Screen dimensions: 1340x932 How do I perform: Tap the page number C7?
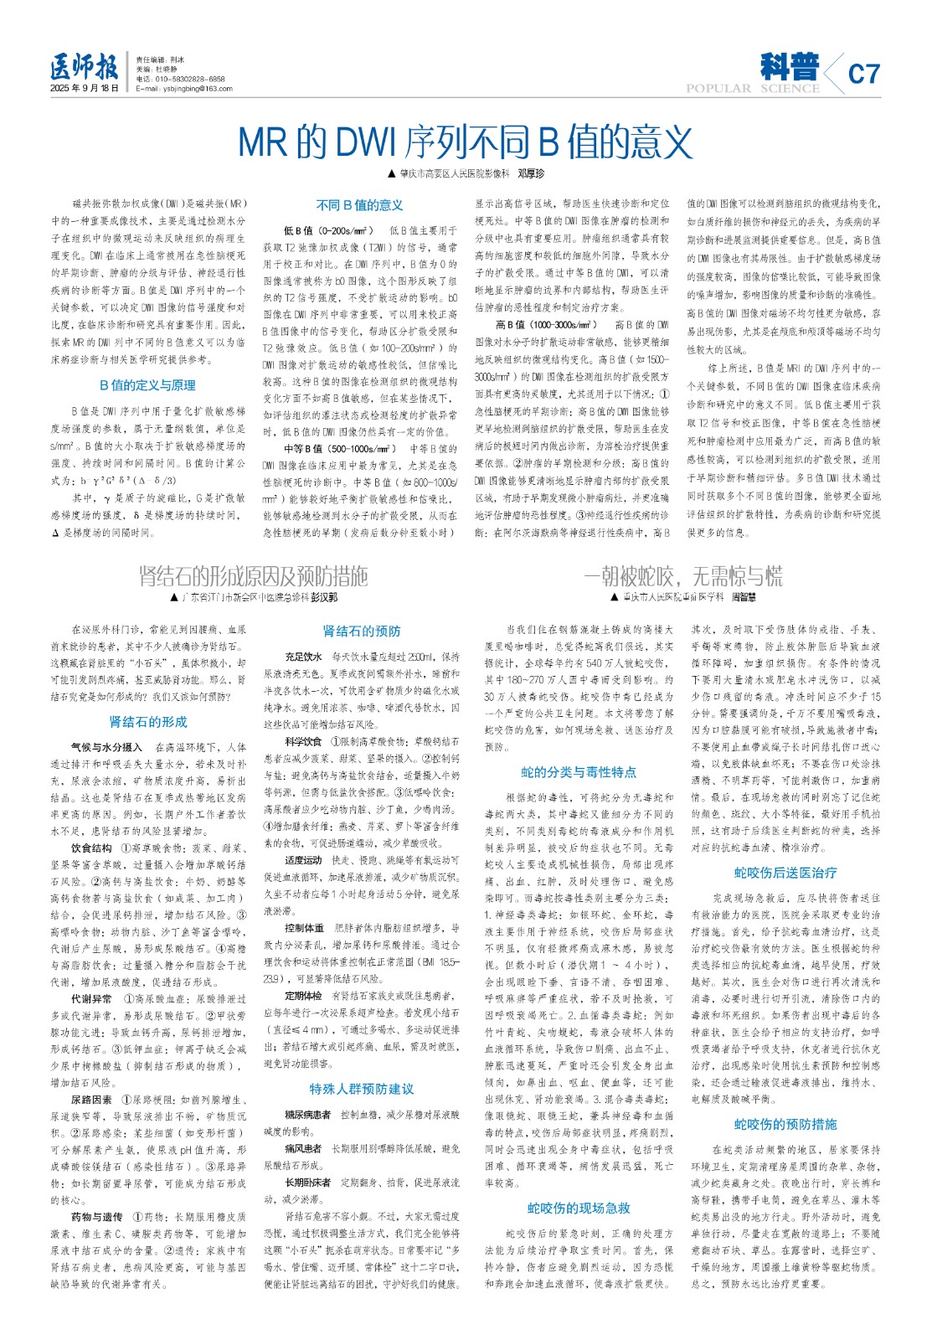[x=863, y=75]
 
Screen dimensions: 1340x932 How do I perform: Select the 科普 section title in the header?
[x=790, y=66]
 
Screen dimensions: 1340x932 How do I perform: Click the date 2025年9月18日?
[x=85, y=88]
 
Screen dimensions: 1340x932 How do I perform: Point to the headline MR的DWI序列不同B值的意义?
[x=466, y=142]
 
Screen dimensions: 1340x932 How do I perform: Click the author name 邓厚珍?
[x=530, y=174]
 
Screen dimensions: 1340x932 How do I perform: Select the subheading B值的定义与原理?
[x=147, y=385]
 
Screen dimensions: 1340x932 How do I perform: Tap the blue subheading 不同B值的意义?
[x=359, y=205]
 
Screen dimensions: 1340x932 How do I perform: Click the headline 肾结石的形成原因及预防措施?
[x=253, y=576]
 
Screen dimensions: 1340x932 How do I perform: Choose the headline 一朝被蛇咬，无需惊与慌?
[x=682, y=576]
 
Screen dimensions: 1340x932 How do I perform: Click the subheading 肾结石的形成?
[x=148, y=722]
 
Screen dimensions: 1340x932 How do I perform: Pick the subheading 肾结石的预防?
[x=362, y=631]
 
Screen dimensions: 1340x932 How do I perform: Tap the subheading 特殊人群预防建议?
[x=361, y=1089]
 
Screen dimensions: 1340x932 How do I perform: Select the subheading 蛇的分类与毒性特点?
[x=579, y=772]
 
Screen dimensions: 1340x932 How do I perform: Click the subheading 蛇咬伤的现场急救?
[x=579, y=1208]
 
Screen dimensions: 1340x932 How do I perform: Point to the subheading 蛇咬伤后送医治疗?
[x=785, y=873]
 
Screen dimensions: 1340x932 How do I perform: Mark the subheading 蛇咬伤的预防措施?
[x=785, y=1124]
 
